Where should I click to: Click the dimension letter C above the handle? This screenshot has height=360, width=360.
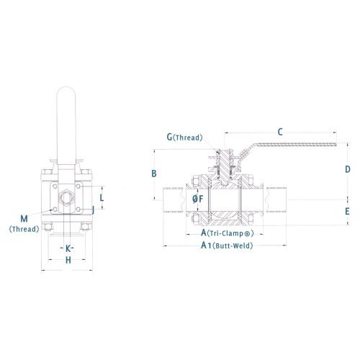coord(280,132)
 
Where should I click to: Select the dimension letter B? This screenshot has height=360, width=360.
coord(154,174)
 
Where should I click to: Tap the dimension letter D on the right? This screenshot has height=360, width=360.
coord(348,169)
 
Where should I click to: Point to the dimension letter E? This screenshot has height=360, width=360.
coord(347,212)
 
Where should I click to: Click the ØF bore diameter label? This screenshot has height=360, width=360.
coord(198,199)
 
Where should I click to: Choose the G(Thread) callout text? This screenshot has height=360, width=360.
coord(185,138)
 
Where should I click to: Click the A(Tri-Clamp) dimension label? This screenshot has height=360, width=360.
coord(228,233)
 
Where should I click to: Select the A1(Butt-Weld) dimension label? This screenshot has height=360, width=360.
coord(227,246)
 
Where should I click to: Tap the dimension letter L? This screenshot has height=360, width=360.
coord(102,198)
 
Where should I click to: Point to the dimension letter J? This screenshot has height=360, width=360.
coord(93,210)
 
